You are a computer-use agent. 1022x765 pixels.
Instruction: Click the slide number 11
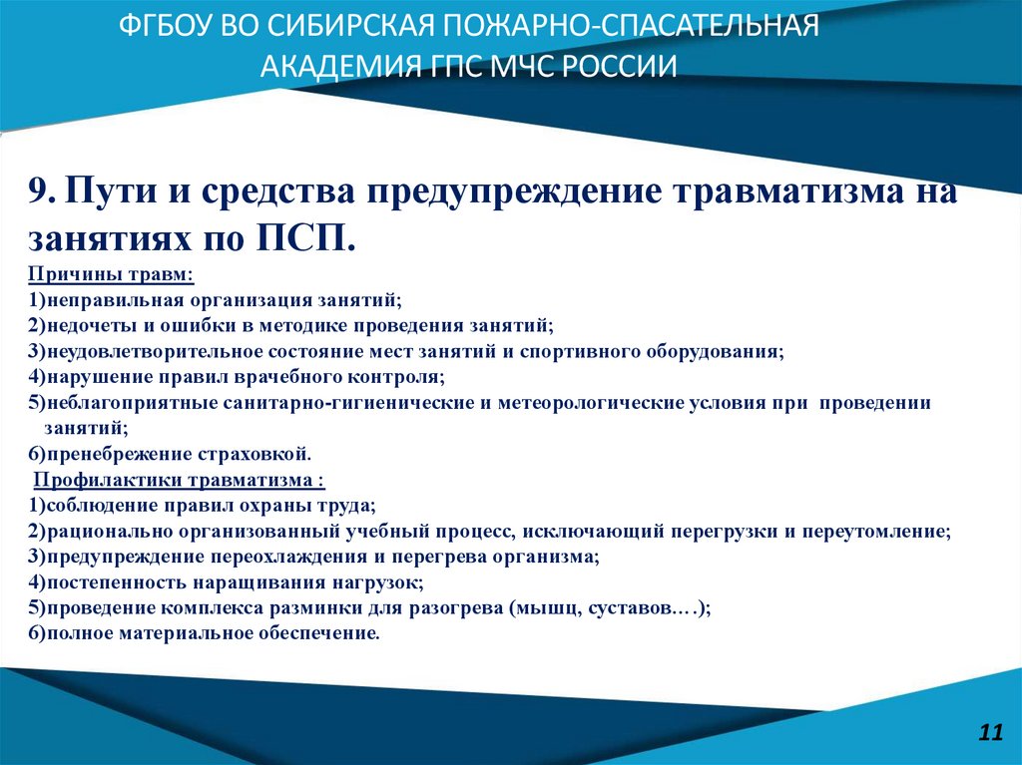click(x=990, y=732)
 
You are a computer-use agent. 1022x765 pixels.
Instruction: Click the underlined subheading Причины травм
click(x=111, y=274)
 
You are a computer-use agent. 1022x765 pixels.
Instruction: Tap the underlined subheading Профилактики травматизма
click(x=179, y=480)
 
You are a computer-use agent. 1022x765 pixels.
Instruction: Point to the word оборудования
click(x=713, y=352)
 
